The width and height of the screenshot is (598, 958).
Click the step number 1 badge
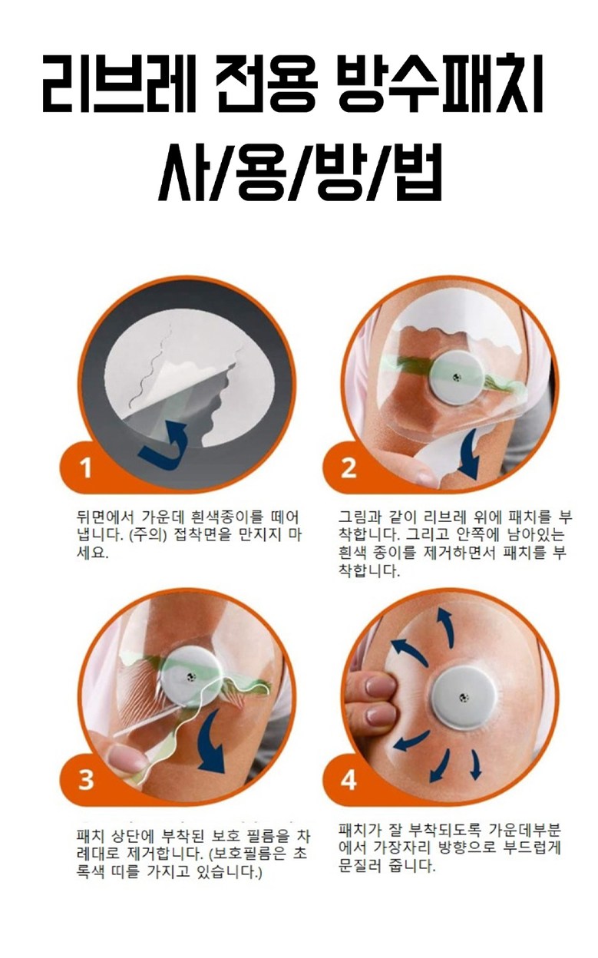coord(87,467)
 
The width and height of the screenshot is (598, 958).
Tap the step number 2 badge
coord(349,467)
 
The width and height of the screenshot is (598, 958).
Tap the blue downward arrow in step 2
coord(470,454)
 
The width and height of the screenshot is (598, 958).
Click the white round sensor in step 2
coord(457,377)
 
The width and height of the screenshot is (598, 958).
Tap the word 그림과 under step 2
coord(358,517)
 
